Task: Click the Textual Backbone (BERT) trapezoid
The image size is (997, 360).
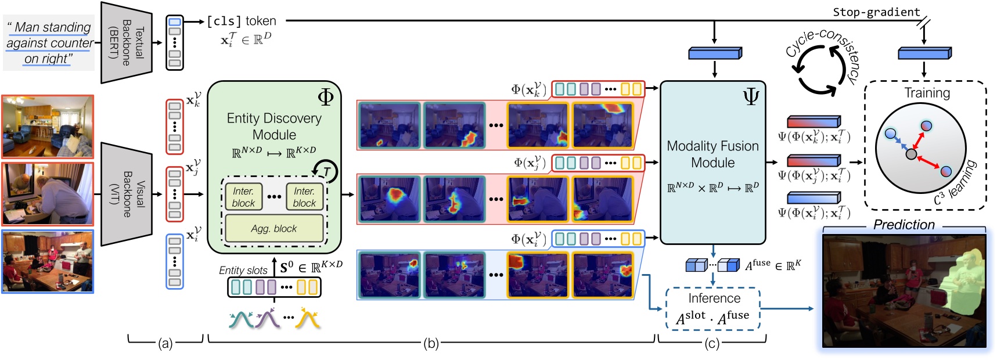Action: [x=127, y=42]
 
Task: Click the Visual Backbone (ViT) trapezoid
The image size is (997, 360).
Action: [x=127, y=194]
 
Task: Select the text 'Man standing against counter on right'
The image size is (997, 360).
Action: [x=49, y=43]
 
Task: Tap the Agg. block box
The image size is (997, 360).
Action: [x=273, y=228]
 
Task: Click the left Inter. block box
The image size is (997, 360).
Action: [x=243, y=197]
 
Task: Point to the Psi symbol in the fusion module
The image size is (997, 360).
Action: [x=751, y=97]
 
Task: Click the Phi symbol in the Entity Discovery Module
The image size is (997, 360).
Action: [x=325, y=96]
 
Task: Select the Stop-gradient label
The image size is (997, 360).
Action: [x=876, y=12]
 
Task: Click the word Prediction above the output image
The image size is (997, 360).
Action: [x=904, y=225]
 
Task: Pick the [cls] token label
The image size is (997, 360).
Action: [x=242, y=21]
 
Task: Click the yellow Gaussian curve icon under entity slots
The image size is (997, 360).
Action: [x=308, y=319]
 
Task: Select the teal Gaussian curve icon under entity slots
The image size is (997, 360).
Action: [x=241, y=319]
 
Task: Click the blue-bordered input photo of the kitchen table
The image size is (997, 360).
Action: [x=48, y=261]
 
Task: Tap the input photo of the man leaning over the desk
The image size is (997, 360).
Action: [x=48, y=194]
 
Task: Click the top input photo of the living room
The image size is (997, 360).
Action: [x=48, y=127]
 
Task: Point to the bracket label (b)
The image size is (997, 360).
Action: [x=430, y=344]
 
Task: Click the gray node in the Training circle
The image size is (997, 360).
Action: [x=911, y=154]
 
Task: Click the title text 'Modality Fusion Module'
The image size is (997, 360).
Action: [x=712, y=154]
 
